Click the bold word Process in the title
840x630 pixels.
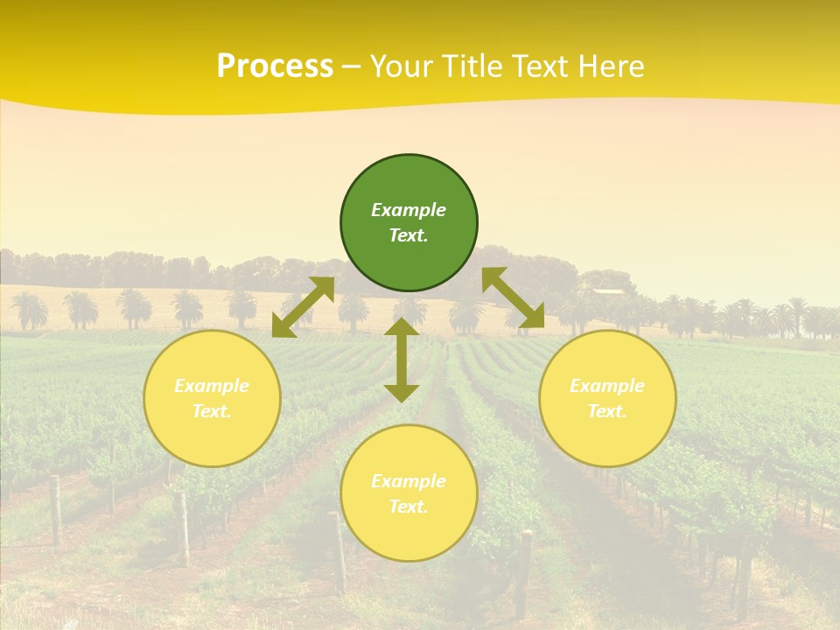coord(275,66)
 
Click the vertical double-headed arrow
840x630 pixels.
coord(402,360)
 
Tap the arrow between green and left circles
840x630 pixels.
coord(303,307)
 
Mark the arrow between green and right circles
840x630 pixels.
coord(514,298)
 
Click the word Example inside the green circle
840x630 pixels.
coord(409,210)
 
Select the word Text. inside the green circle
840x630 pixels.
coord(409,235)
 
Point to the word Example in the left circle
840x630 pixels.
coord(212,386)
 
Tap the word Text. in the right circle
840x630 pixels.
coord(607,411)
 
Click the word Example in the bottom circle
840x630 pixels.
coord(409,481)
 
